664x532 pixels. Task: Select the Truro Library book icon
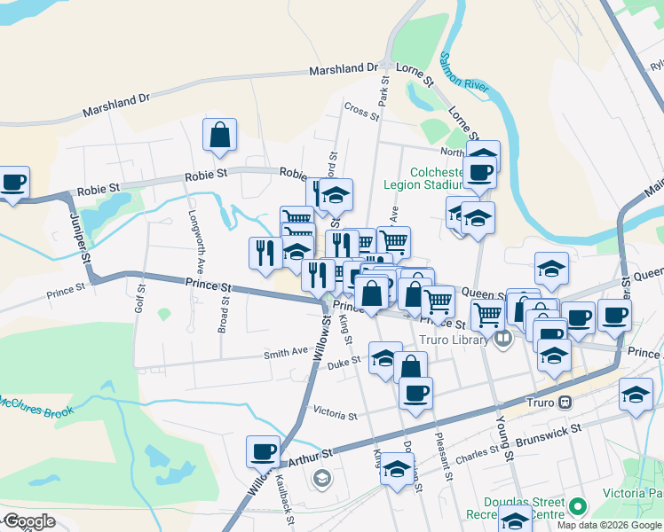(x=503, y=339)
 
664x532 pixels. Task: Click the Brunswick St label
(x=552, y=430)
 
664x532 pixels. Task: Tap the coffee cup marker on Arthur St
(x=264, y=451)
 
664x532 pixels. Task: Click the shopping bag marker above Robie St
(x=219, y=136)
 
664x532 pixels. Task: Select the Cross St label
(x=361, y=111)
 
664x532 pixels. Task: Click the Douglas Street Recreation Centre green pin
(x=579, y=507)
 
